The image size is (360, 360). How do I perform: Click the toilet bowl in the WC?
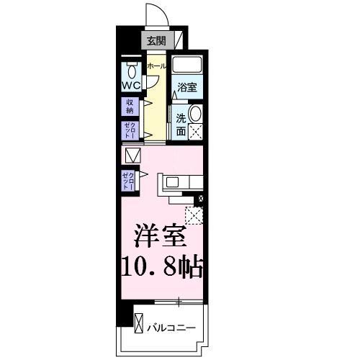click(131, 71)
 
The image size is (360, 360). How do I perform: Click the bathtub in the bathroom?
click(189, 66)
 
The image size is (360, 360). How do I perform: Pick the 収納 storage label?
click(130, 107)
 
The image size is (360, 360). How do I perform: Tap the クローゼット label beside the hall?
click(130, 132)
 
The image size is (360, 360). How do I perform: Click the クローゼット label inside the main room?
click(130, 179)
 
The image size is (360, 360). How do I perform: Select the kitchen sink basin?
click(175, 182)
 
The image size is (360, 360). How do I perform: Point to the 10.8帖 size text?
click(160, 269)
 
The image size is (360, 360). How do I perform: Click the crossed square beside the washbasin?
click(195, 133)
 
